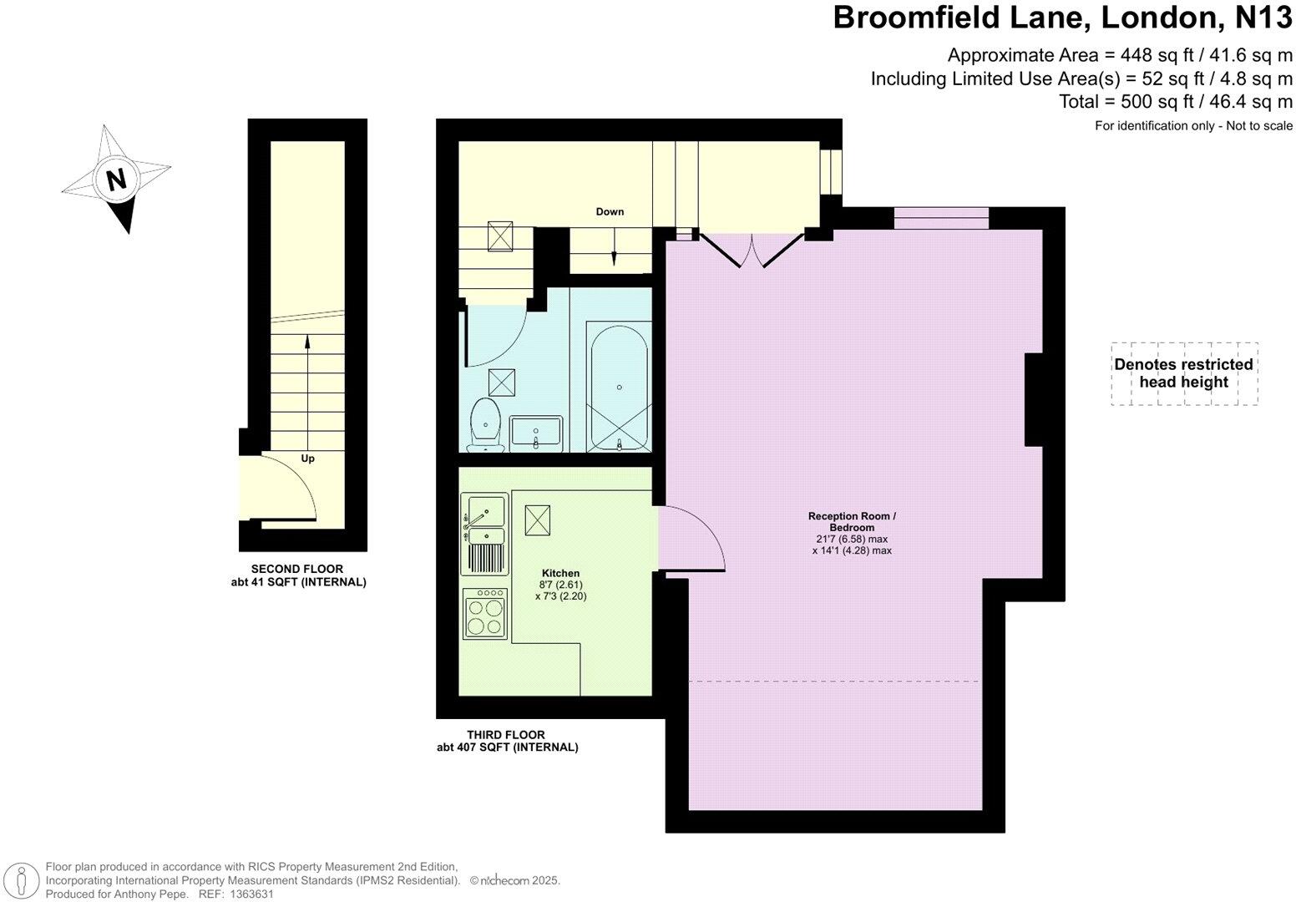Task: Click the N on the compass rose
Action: [116, 179]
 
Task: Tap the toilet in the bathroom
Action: [485, 423]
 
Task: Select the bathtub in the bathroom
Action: [619, 387]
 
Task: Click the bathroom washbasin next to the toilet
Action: [536, 433]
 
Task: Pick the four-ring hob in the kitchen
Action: [484, 614]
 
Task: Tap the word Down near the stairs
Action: [610, 211]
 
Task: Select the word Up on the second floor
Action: [307, 459]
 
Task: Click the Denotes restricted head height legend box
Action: [1183, 373]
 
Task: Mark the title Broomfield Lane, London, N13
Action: [1062, 18]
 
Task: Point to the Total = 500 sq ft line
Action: [1175, 102]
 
